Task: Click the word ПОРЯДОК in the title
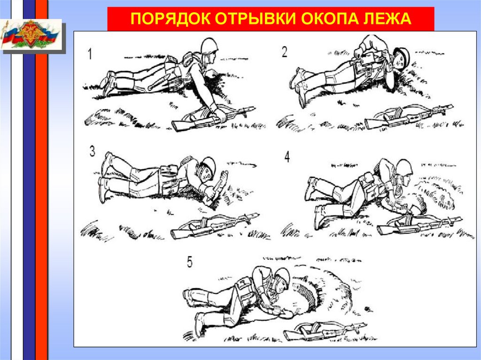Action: [170, 19]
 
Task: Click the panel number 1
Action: [90, 54]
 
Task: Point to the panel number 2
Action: [284, 52]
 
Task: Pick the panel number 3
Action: [92, 151]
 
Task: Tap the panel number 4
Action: [287, 157]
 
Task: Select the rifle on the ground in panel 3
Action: [215, 226]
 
